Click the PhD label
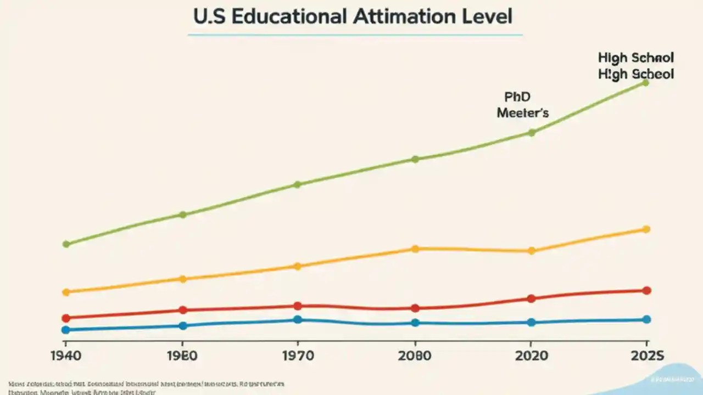pyautogui.click(x=517, y=97)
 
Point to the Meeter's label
pyautogui.click(x=522, y=113)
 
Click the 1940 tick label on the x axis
pyautogui.click(x=65, y=356)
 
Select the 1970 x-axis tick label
pyautogui.click(x=298, y=356)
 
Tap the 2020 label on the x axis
pyautogui.click(x=531, y=356)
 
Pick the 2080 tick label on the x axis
pyautogui.click(x=415, y=356)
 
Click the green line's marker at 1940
pyautogui.click(x=66, y=244)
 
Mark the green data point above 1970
pyautogui.click(x=298, y=184)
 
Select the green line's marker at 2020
pyautogui.click(x=532, y=132)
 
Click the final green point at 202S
pyautogui.click(x=646, y=82)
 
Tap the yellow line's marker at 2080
pyautogui.click(x=415, y=249)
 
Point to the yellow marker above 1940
pyautogui.click(x=66, y=292)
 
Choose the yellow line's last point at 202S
pyautogui.click(x=646, y=229)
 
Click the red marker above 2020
pyautogui.click(x=531, y=298)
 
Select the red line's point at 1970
pyautogui.click(x=298, y=306)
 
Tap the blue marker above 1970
pyautogui.click(x=298, y=319)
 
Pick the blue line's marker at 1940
pyautogui.click(x=66, y=330)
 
